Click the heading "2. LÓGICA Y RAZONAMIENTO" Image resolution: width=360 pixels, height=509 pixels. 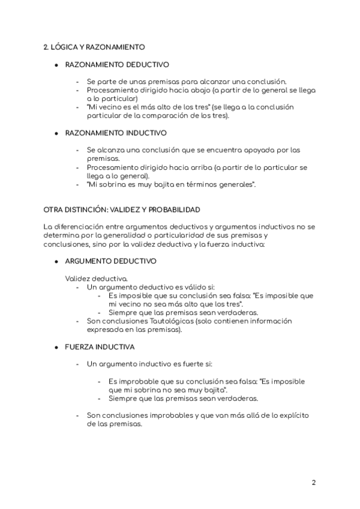(x=94, y=46)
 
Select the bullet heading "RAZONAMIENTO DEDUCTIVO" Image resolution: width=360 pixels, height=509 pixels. (x=117, y=64)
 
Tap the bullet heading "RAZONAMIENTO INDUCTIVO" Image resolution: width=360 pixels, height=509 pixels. (x=116, y=133)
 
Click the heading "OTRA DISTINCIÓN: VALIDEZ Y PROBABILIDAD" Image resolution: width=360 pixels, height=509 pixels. (x=122, y=209)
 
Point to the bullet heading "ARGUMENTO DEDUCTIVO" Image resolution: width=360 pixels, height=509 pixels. (x=110, y=261)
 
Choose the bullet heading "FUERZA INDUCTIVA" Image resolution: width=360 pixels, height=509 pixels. (x=100, y=347)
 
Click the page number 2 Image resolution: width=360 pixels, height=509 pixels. (x=314, y=483)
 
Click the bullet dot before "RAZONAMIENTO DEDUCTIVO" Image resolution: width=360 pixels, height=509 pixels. (x=56, y=64)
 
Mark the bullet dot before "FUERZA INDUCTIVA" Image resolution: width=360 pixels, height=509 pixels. (x=56, y=347)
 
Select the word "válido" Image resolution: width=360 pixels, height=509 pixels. (x=189, y=287)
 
